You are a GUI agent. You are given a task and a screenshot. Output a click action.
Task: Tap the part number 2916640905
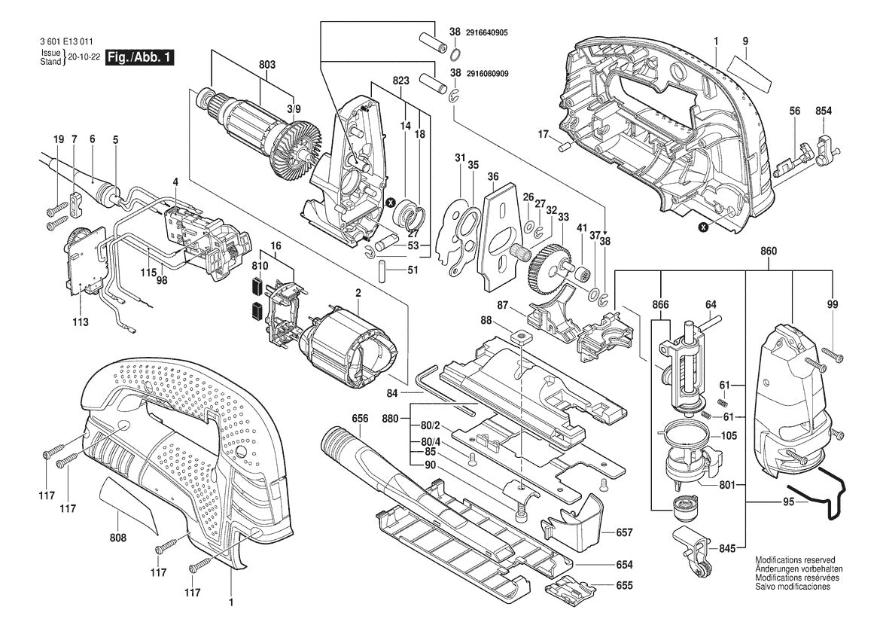(487, 32)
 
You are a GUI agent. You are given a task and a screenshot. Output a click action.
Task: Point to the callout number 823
(400, 80)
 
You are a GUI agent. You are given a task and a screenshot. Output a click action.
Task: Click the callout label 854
(824, 111)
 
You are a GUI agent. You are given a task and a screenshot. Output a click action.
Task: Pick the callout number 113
(81, 322)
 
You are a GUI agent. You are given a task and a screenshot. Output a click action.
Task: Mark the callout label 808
(118, 538)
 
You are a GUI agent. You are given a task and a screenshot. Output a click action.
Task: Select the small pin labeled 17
(560, 146)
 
